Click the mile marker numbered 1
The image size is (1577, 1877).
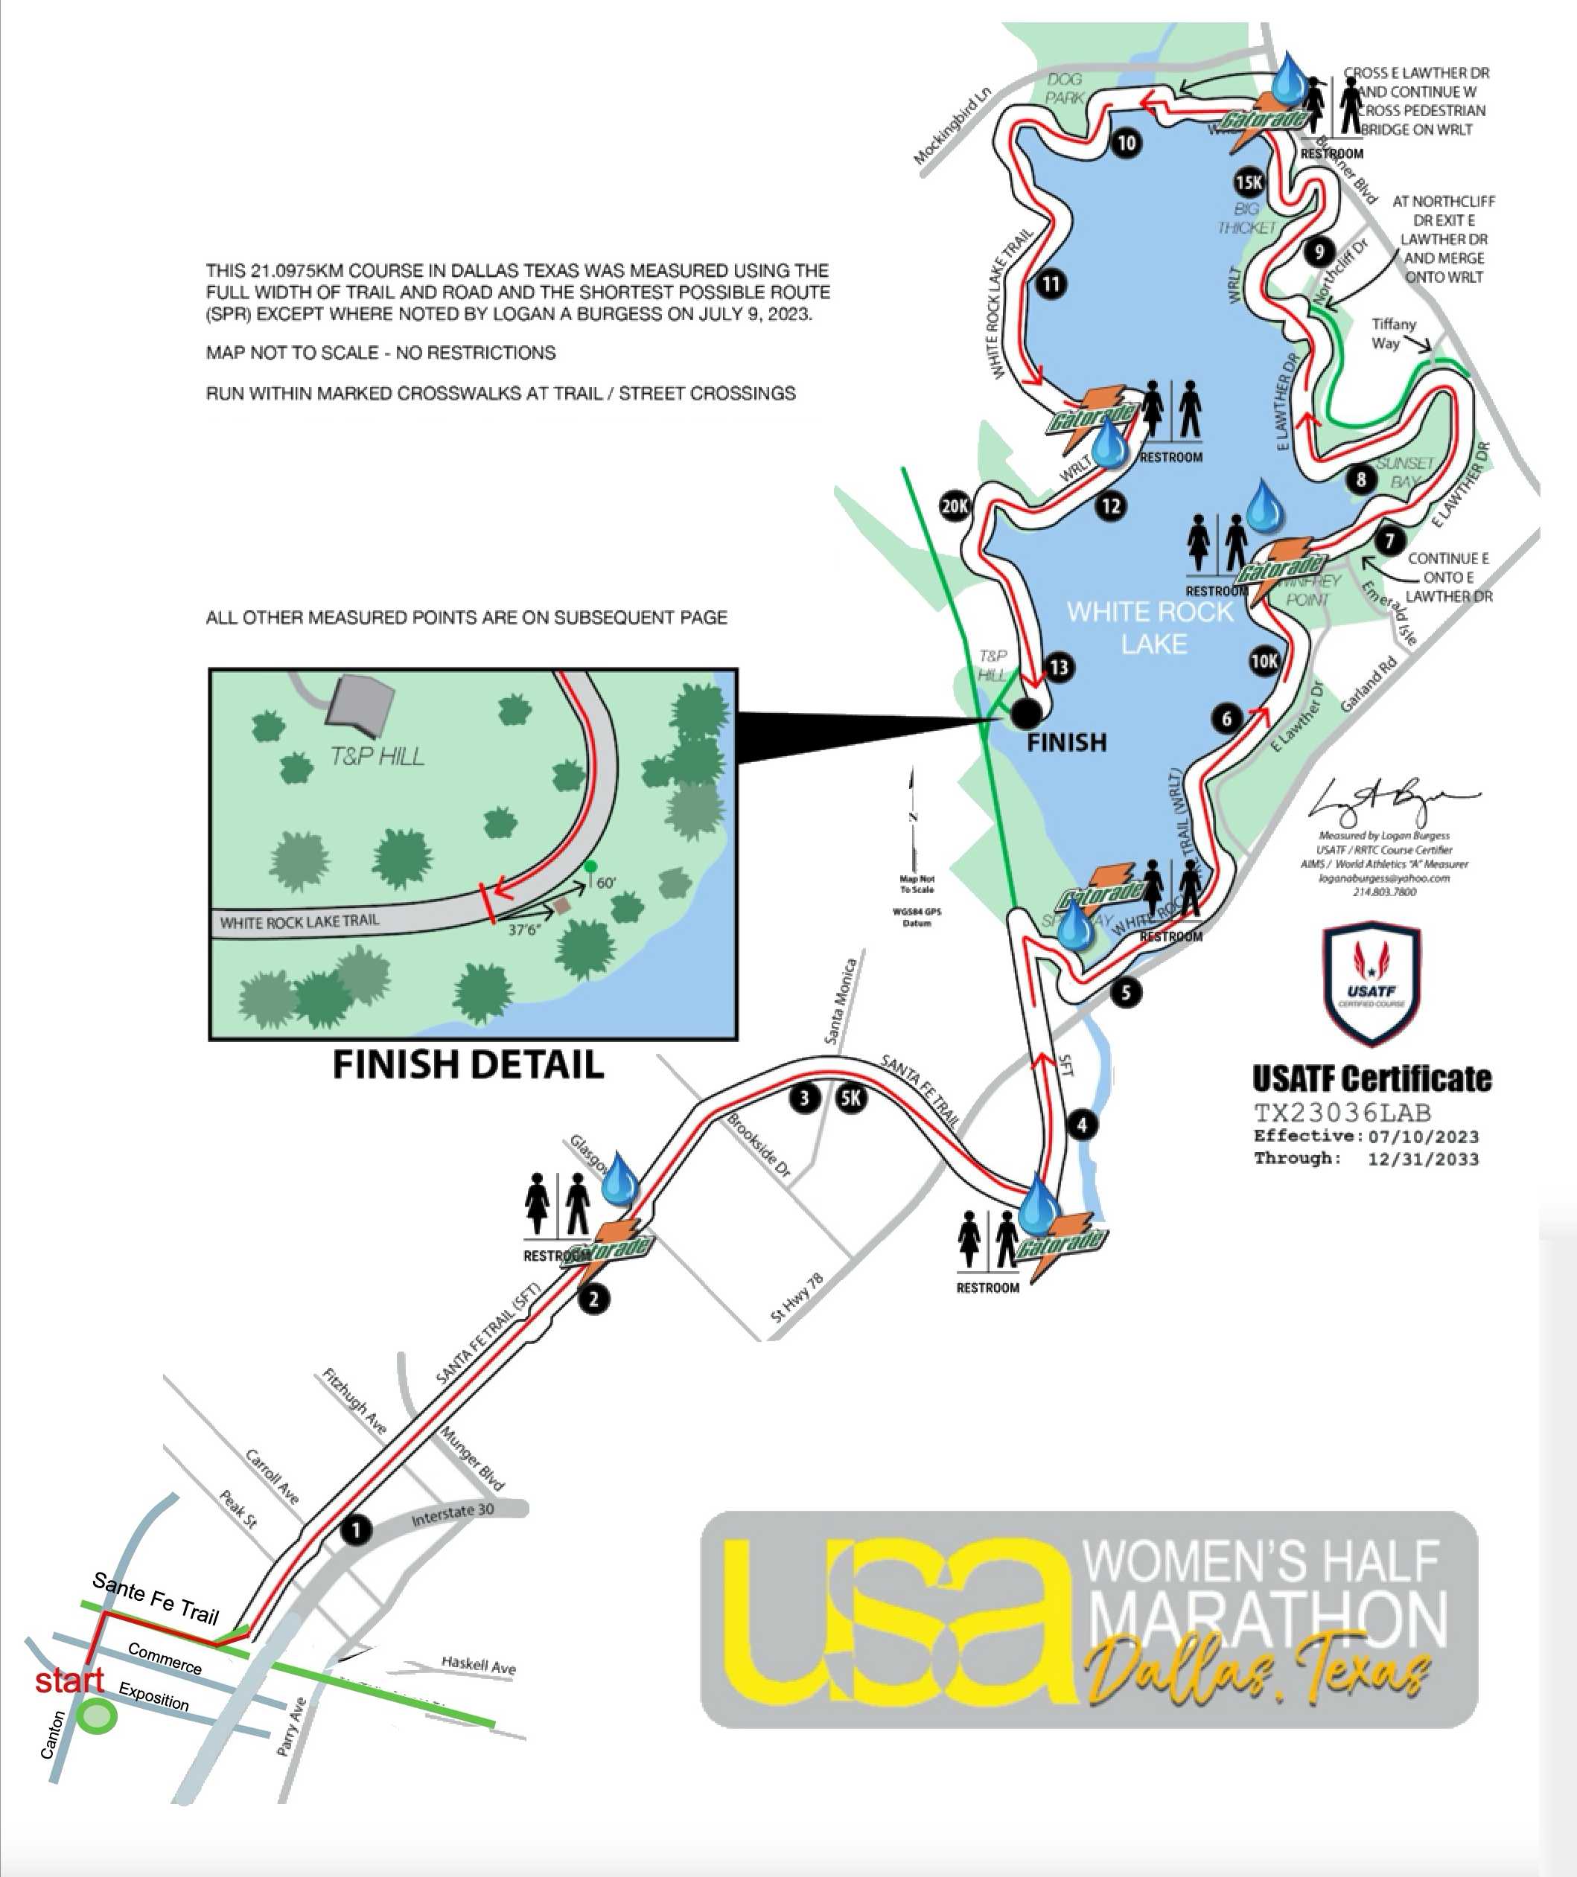tap(356, 1529)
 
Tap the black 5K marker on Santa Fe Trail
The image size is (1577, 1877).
tap(850, 1097)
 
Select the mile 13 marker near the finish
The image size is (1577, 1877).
tap(1059, 667)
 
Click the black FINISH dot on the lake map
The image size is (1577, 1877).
tap(1026, 712)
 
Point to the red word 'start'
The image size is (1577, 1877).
tap(70, 1681)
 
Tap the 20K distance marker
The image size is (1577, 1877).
tap(955, 507)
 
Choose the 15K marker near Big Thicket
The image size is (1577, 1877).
tap(1248, 182)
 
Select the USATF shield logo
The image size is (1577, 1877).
tap(1371, 983)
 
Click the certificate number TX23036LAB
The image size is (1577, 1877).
tap(1342, 1113)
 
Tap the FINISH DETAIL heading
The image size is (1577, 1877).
tap(468, 1064)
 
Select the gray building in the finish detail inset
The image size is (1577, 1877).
tap(361, 703)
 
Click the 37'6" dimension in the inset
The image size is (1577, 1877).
tap(525, 930)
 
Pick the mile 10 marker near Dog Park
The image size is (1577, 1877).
tap(1127, 143)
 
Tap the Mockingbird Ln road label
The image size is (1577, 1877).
tap(953, 125)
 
